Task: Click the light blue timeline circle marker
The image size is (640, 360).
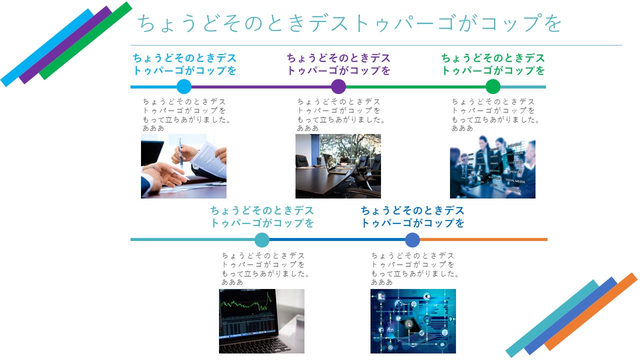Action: coord(184,86)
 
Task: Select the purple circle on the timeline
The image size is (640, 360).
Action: coord(338,86)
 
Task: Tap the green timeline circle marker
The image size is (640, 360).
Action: coord(493,86)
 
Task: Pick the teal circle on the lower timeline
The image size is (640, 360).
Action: coord(261,239)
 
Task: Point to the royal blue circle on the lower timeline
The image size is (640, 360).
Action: coord(412,239)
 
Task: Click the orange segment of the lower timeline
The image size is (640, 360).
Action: coord(483,239)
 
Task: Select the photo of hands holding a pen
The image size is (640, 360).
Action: coord(183,166)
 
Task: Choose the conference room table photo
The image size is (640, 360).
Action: coord(338,166)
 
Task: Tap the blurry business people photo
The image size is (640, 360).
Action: coord(492,167)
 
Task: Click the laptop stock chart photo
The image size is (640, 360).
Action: coord(261,321)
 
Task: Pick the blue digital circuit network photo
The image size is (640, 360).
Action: coord(413,321)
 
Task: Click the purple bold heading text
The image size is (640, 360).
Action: coord(338,64)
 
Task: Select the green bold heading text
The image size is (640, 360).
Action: coord(493,64)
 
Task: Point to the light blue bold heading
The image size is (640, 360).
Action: coord(184,64)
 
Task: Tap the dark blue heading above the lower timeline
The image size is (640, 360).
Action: coord(412,217)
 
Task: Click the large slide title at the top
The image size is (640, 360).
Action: coord(349,23)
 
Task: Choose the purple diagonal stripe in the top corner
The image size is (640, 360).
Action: coord(65,45)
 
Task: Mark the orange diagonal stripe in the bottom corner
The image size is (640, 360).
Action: coord(590,311)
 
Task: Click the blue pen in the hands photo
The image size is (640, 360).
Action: coord(181,153)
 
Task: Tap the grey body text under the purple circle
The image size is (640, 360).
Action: coord(340,115)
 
